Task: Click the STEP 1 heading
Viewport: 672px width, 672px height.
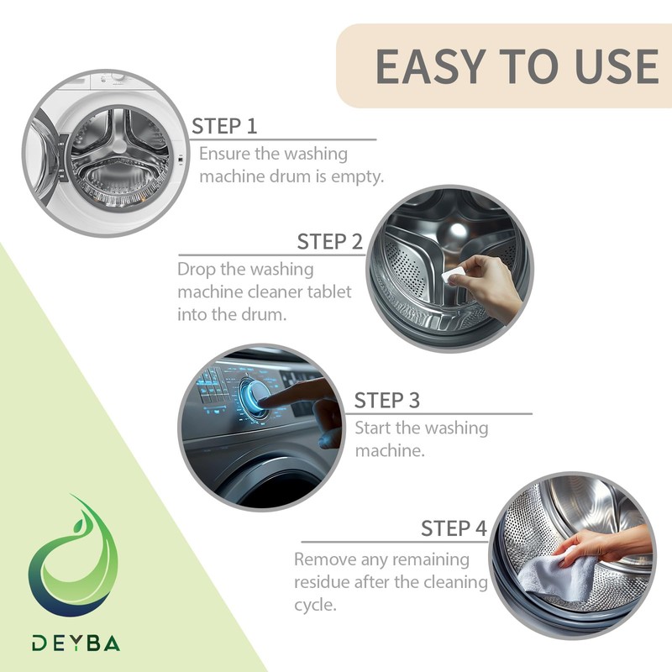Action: (224, 126)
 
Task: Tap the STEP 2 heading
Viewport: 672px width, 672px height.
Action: (330, 242)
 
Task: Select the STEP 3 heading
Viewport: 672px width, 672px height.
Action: (387, 401)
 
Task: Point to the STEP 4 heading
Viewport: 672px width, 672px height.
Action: (454, 528)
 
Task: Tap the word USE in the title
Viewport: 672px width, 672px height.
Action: (617, 66)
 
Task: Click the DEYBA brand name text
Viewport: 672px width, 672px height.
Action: (76, 643)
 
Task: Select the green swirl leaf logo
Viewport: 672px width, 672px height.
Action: (73, 557)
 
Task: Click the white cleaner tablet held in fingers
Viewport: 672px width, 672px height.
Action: (453, 275)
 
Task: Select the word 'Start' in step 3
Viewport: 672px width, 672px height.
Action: (373, 428)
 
